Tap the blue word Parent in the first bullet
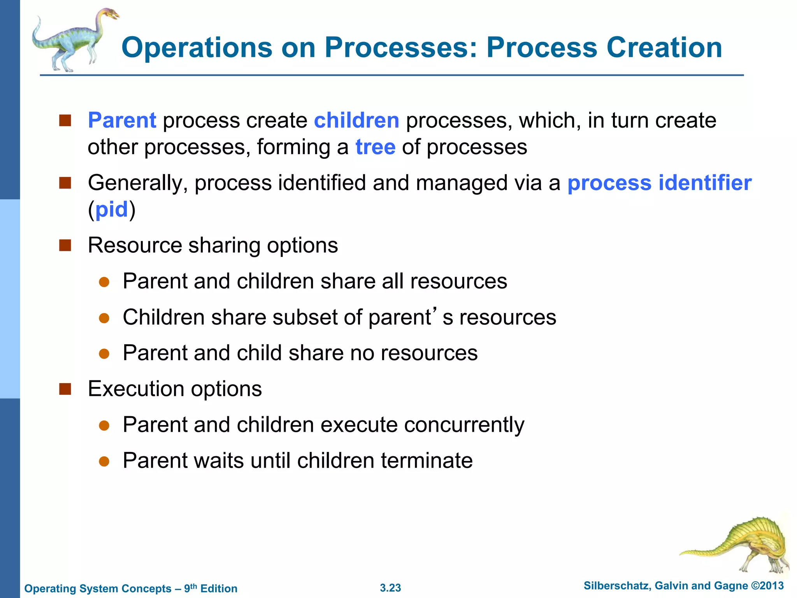[122, 120]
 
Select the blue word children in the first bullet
[356, 120]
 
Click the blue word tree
[375, 147]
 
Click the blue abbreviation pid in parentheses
[112, 209]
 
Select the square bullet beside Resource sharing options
[65, 245]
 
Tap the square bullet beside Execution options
[65, 389]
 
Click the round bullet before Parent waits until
[104, 461]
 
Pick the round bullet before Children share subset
[104, 318]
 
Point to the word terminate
[427, 461]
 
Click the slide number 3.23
[390, 588]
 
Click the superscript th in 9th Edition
[193, 585]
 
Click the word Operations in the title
[197, 47]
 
